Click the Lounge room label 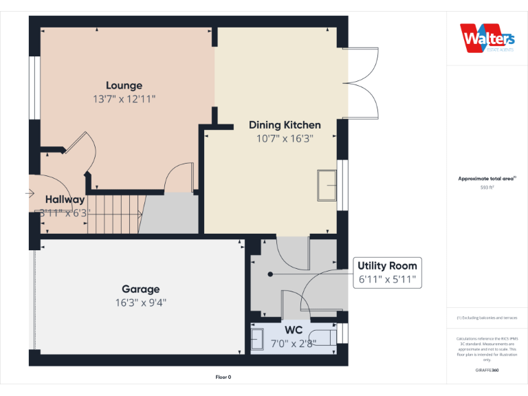pos(124,85)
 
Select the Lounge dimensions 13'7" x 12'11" pos(124,99)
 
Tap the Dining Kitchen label pos(285,125)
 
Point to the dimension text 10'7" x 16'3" pos(285,138)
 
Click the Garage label pos(140,289)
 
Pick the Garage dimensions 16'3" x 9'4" pos(140,302)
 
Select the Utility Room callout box pos(386,272)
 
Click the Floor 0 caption pos(223,377)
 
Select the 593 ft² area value pos(487,187)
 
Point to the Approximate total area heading pos(486,179)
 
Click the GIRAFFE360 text pos(487,371)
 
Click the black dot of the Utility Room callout pos(270,274)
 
